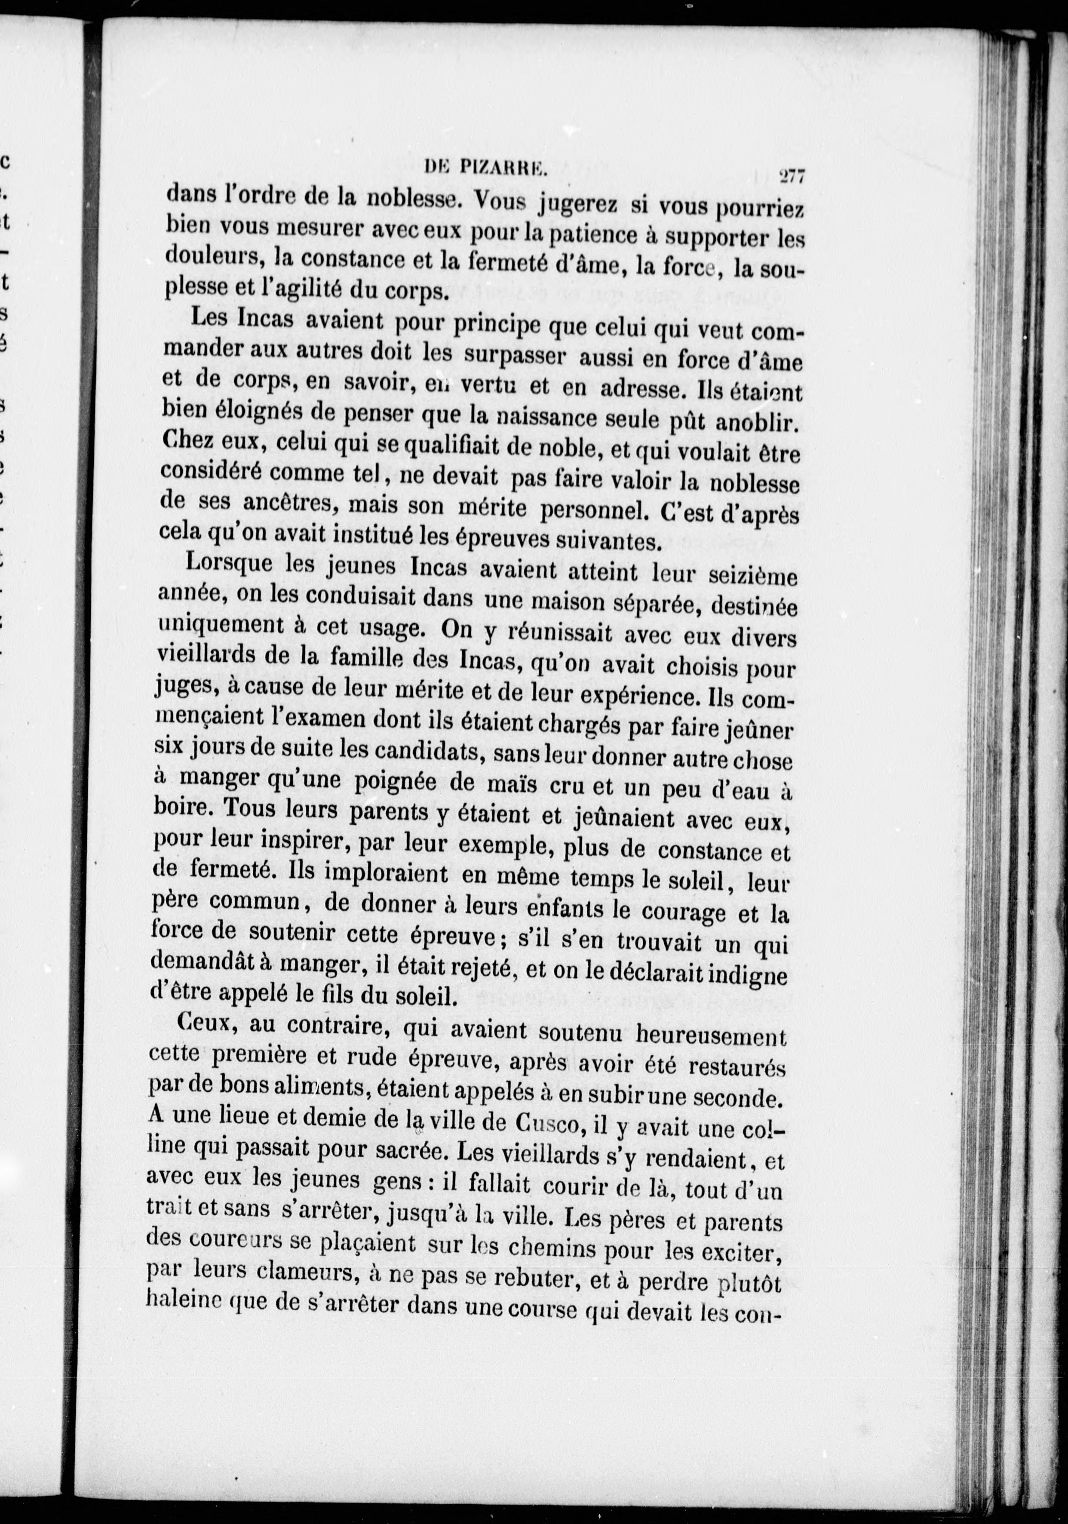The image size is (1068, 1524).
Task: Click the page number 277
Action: [x=791, y=177]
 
